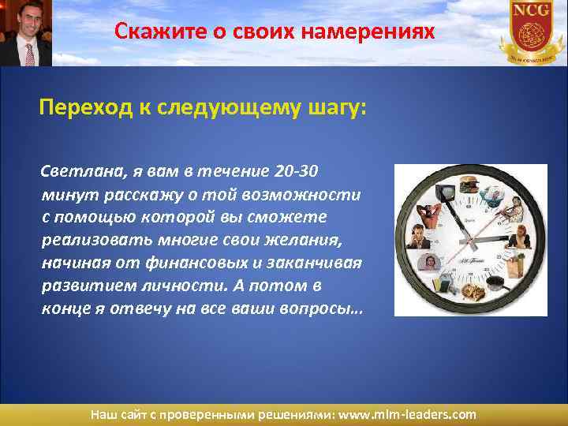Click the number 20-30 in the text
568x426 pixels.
[297, 172]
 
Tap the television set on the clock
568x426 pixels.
[446, 191]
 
